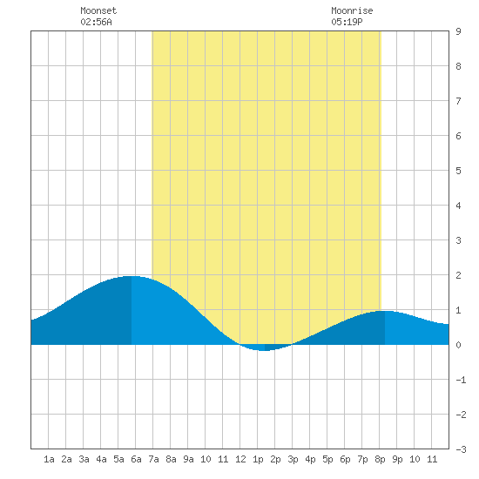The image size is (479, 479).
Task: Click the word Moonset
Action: (x=98, y=10)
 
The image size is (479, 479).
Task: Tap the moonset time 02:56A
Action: (x=96, y=22)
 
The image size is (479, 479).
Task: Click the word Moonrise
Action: (x=352, y=10)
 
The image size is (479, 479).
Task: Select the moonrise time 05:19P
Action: (x=347, y=22)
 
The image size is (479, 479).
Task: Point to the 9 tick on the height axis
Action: (x=458, y=31)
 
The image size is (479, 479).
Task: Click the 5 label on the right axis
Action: (x=458, y=171)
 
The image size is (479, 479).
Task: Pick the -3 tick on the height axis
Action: (x=461, y=449)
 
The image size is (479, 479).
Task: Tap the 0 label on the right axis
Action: (x=458, y=345)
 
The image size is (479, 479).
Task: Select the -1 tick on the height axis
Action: (x=461, y=380)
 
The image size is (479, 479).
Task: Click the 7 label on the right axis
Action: (x=458, y=101)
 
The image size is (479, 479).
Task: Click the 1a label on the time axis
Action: (x=49, y=459)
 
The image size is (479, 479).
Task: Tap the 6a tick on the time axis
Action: (x=136, y=459)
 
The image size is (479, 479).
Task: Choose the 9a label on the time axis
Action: (x=188, y=459)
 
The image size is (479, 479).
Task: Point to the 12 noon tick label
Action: (x=240, y=459)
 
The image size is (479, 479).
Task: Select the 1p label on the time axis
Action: (x=258, y=459)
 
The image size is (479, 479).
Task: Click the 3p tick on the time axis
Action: (x=293, y=459)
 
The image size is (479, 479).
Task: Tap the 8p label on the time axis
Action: (x=380, y=459)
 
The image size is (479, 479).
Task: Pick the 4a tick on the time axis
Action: (x=101, y=459)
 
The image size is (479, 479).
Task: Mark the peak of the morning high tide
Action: (x=132, y=276)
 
